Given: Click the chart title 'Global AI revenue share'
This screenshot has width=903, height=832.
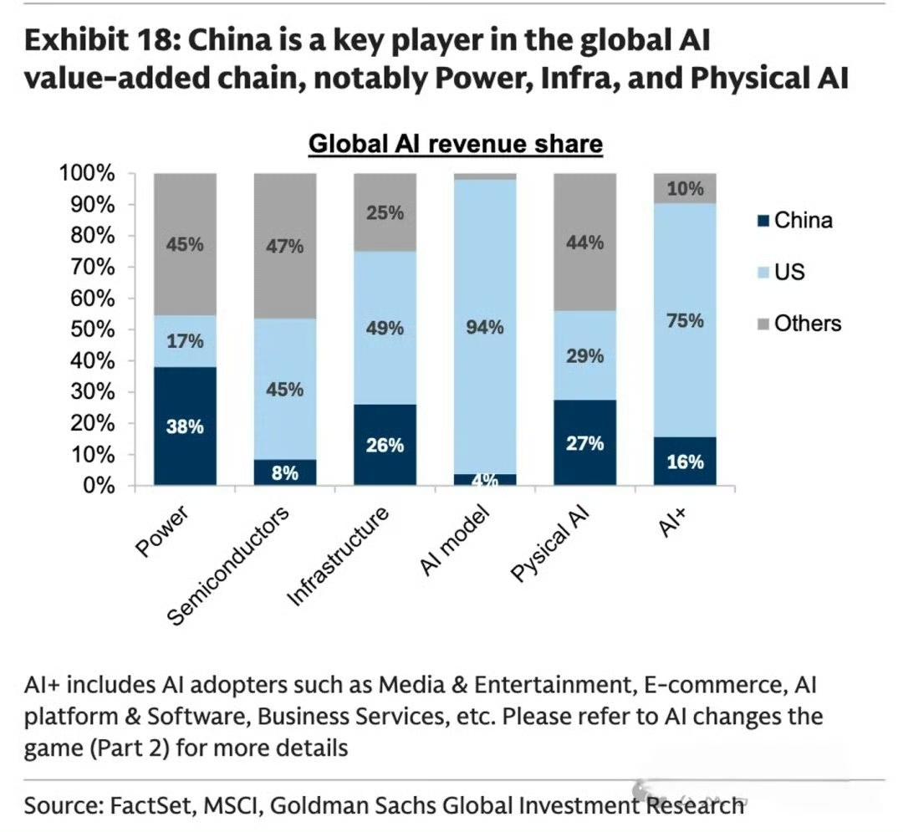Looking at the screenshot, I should point(456,144).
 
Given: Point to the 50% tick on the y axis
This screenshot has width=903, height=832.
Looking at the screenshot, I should point(86,329).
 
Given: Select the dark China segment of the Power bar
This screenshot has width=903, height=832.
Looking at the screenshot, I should point(185,426).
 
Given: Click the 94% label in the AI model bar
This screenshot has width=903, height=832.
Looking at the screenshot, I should point(485,328).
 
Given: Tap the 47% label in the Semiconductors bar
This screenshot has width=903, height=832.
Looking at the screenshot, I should point(285,247).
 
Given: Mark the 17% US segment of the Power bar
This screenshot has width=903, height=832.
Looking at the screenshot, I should point(185,341).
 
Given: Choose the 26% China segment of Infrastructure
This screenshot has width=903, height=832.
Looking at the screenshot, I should point(385,446).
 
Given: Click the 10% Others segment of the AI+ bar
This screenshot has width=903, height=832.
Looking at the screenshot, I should point(685,189).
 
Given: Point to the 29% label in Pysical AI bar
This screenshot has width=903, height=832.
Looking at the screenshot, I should point(584,356).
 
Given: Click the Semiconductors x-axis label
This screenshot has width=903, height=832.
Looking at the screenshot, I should point(229,564).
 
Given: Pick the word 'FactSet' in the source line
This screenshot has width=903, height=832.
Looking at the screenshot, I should point(155,805).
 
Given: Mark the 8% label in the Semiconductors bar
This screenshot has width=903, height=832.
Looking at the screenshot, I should point(285,472).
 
